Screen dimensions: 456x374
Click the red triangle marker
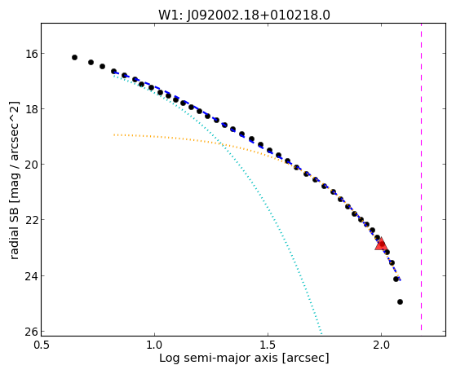point(381,244)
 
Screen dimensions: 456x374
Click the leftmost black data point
point(74,58)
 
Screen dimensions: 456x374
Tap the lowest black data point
point(400,302)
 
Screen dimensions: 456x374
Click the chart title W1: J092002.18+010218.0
point(244,15)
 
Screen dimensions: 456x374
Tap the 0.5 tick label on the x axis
point(42,345)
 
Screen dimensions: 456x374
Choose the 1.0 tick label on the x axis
point(154,345)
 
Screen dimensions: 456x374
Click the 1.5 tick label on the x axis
point(268,345)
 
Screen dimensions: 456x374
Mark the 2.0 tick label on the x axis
point(381,345)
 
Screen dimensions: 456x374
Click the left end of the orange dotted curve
point(114,134)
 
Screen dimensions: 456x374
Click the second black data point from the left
point(91,62)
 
